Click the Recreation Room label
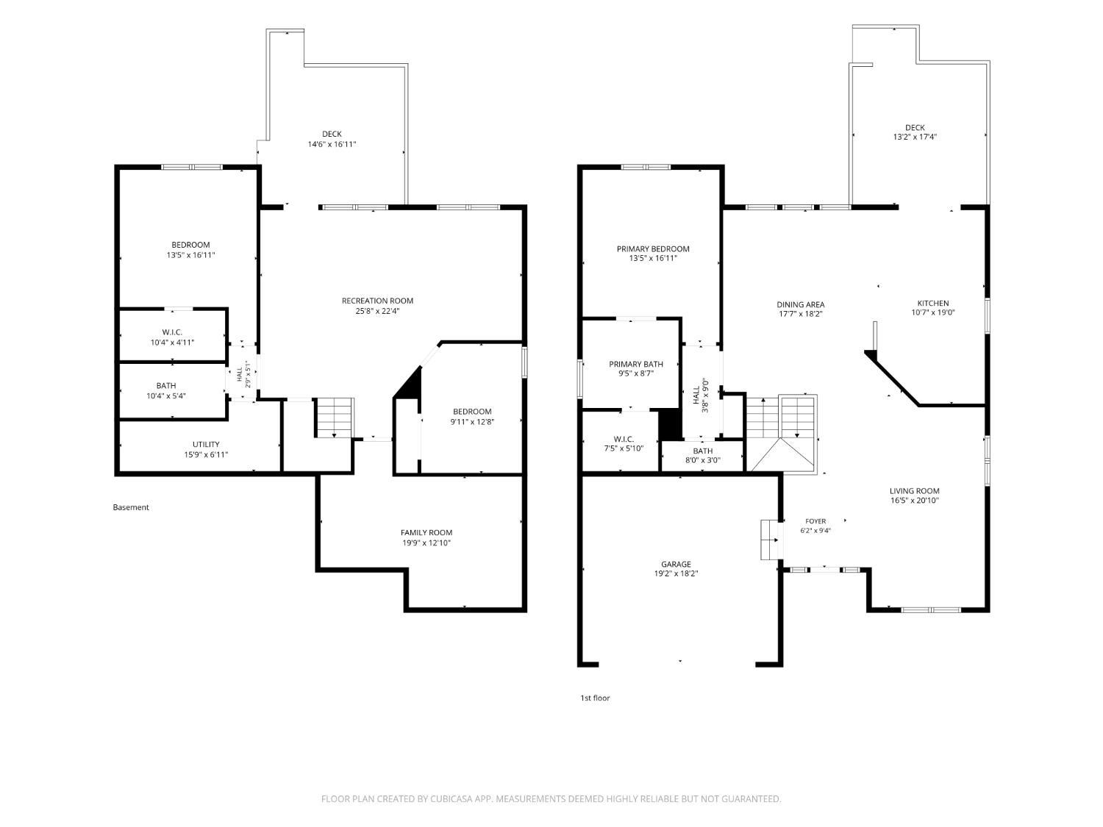(377, 301)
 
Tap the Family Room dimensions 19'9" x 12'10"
(426, 543)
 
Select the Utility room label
(206, 445)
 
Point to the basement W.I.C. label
(172, 332)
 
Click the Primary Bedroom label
(653, 248)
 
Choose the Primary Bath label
(636, 364)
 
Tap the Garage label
(676, 564)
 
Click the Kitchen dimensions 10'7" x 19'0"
(933, 312)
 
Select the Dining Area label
(801, 304)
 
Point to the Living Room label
(915, 490)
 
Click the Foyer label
(815, 521)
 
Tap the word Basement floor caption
(131, 507)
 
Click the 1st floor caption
(595, 698)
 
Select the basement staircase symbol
(334, 418)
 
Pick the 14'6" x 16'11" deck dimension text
(332, 144)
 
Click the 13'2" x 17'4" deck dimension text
(915, 137)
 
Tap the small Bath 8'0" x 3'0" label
(702, 455)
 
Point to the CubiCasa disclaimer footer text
(551, 798)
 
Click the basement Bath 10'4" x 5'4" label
(166, 390)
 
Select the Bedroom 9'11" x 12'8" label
(472, 416)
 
